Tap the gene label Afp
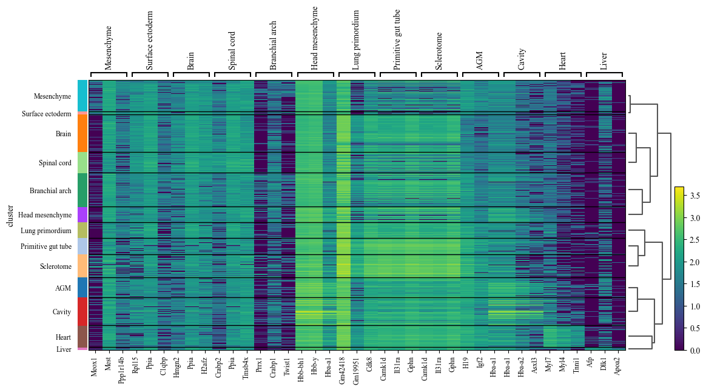(590, 363)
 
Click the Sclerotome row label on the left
(55, 266)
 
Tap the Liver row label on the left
(64, 349)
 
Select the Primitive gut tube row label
(46, 246)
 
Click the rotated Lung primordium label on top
(355, 41)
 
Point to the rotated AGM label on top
(480, 61)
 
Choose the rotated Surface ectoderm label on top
(149, 41)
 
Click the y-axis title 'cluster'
(10, 216)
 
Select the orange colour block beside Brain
(82, 133)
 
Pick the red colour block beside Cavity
(82, 312)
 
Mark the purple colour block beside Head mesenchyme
(82, 215)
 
